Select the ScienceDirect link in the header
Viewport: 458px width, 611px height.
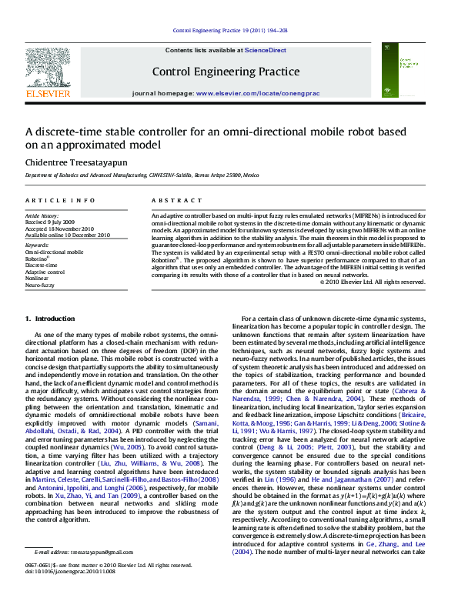[266, 50]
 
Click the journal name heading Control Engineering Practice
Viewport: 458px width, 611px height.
[226, 72]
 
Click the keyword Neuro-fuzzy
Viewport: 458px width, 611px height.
[40, 285]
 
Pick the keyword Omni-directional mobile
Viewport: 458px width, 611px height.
[54, 252]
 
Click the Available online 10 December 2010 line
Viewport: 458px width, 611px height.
[68, 235]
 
